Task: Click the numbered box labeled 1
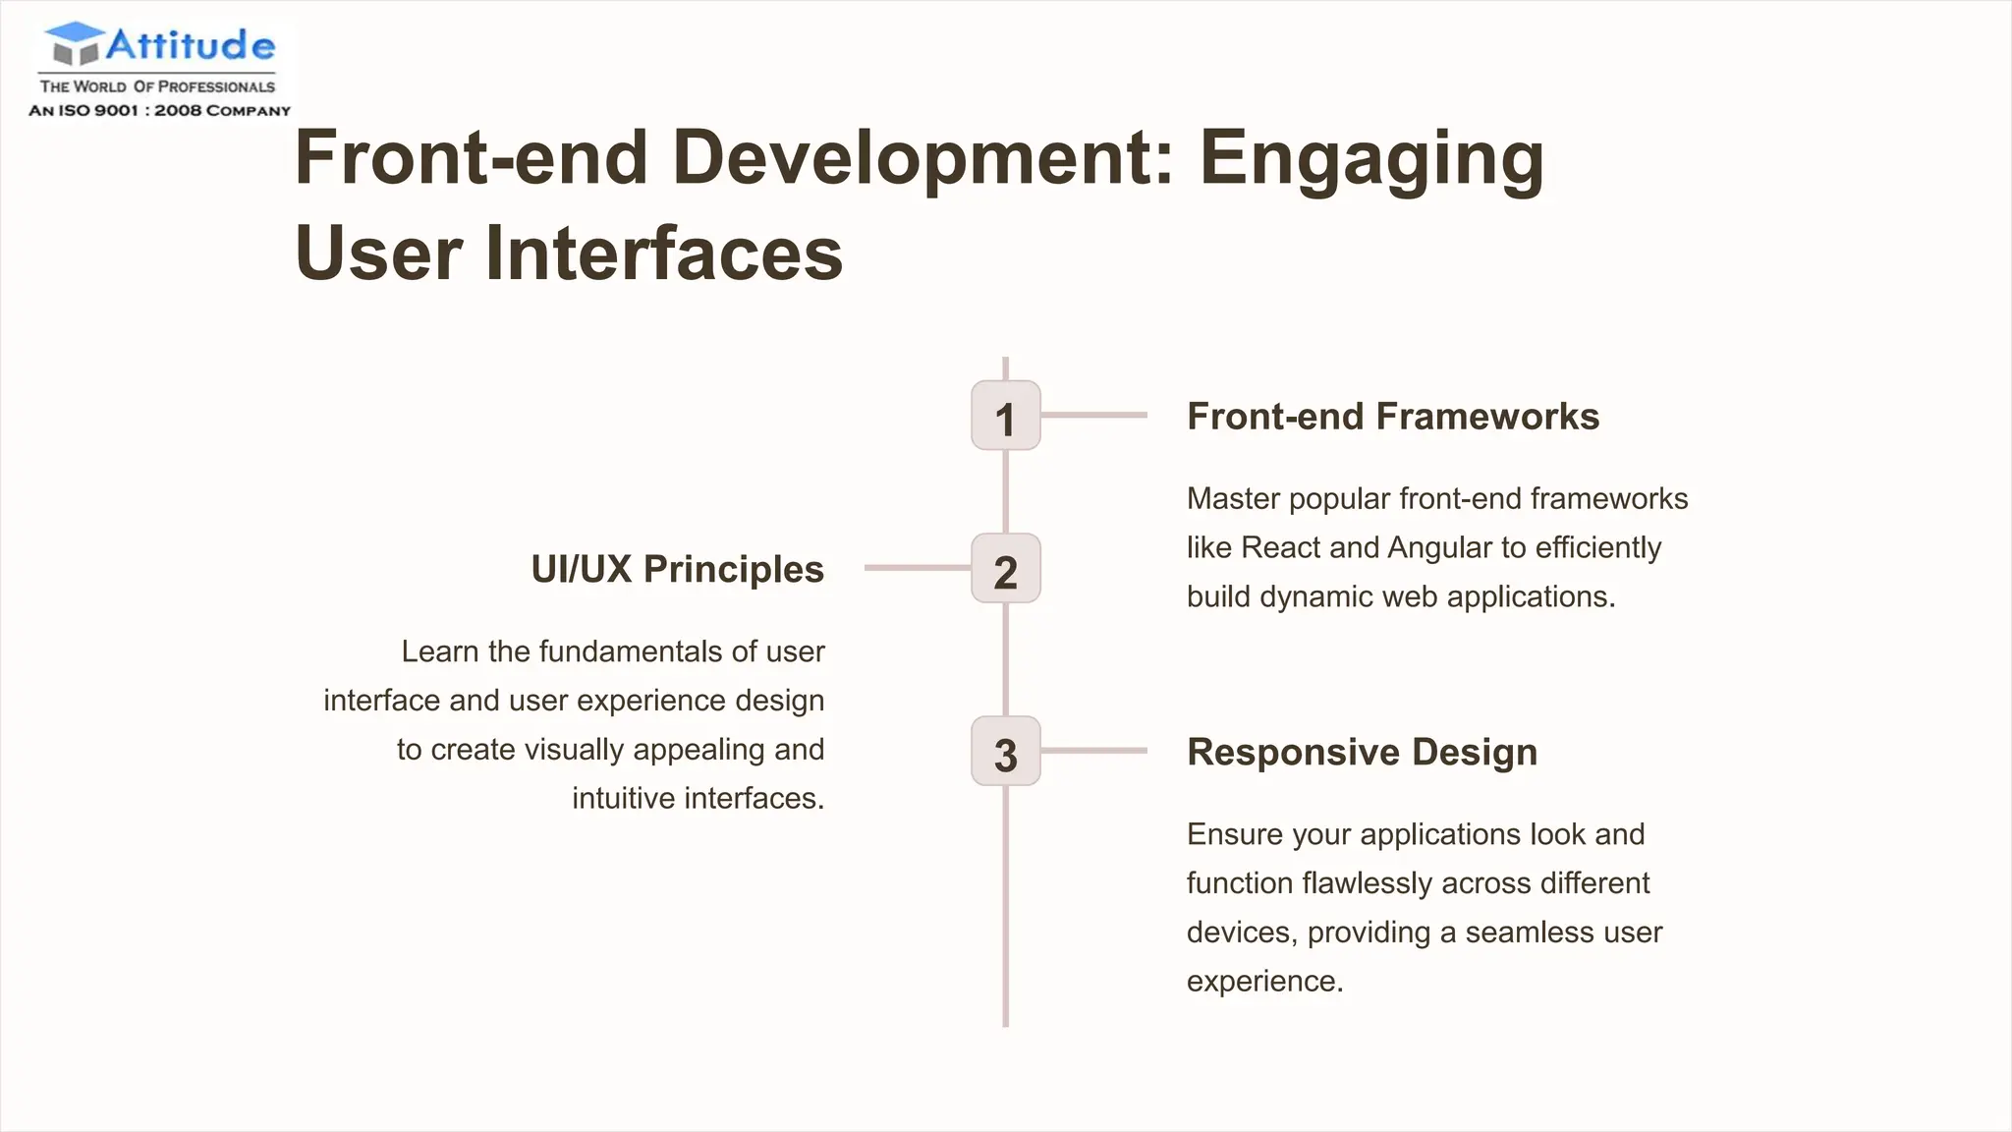point(1005,416)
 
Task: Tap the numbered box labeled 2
point(1005,569)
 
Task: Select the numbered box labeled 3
point(1005,752)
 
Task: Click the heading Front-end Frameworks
point(1392,417)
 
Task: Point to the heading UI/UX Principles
point(677,570)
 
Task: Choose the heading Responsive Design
point(1362,752)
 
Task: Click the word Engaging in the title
point(1371,159)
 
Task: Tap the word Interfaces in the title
point(664,254)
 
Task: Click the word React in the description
point(1280,547)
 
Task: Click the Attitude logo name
point(191,45)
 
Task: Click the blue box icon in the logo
point(75,43)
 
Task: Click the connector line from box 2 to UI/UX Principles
point(917,568)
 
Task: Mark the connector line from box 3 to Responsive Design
point(1093,751)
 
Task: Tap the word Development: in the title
point(923,159)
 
